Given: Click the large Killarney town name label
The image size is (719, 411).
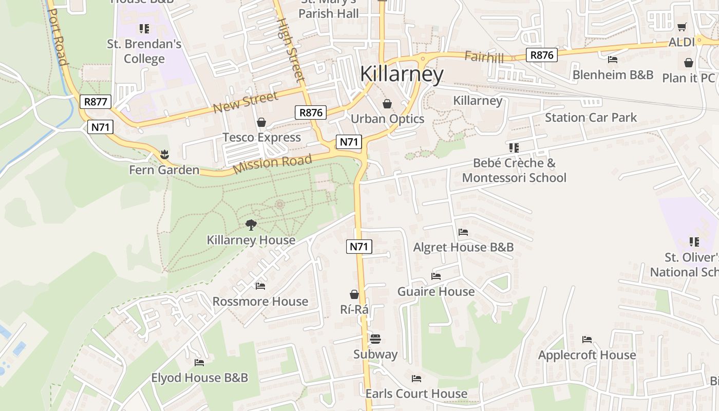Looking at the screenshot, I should pyautogui.click(x=401, y=74).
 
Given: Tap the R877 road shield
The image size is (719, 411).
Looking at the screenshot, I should pyautogui.click(x=96, y=102).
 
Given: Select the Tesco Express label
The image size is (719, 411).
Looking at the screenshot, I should pyautogui.click(x=261, y=137).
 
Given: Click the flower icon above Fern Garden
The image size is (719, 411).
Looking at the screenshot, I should pyautogui.click(x=164, y=154).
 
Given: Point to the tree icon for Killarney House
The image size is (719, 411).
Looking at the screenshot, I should pyautogui.click(x=251, y=225).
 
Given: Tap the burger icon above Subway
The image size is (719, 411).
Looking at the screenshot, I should pyautogui.click(x=375, y=339).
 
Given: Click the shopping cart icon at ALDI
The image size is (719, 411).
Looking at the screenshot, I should pyautogui.click(x=682, y=27).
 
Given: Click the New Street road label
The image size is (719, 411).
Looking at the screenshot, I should pyautogui.click(x=245, y=101).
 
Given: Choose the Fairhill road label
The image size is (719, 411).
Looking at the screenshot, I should pyautogui.click(x=484, y=57).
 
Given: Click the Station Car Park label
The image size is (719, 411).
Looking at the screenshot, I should pyautogui.click(x=591, y=118).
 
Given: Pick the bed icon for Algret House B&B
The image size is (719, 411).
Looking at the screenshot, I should pyautogui.click(x=463, y=232).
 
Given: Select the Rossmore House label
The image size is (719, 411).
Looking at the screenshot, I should pyautogui.click(x=260, y=302).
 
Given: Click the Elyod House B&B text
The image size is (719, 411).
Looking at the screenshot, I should pyautogui.click(x=199, y=378).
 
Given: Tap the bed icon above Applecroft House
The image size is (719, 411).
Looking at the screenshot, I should pyautogui.click(x=587, y=340).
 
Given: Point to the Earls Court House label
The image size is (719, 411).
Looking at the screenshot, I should pyautogui.click(x=417, y=394).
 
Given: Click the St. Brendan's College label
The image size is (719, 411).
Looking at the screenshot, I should pyautogui.click(x=144, y=51).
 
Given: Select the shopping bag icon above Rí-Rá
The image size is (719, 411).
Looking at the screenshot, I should pyautogui.click(x=354, y=294).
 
